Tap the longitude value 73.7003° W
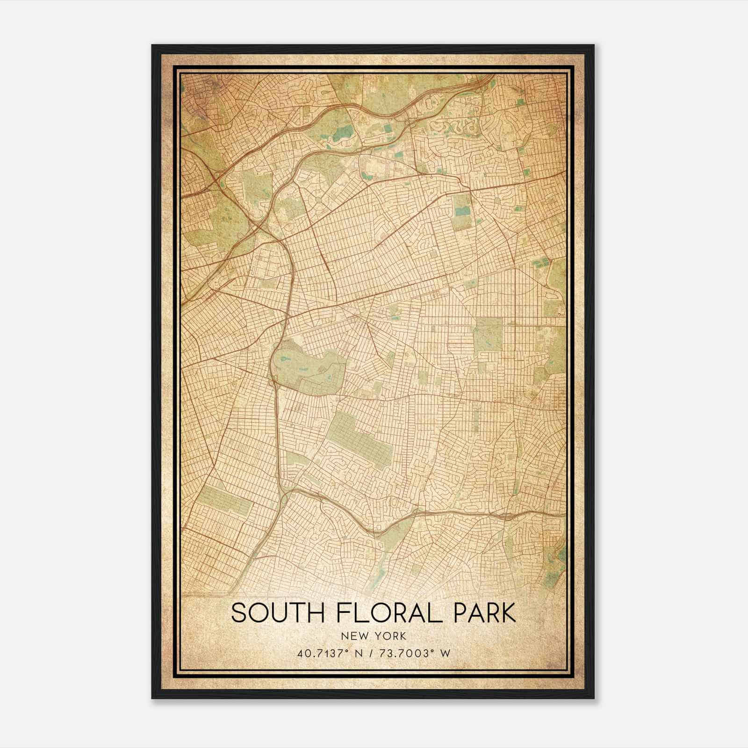click(418, 653)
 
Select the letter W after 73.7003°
click(446, 653)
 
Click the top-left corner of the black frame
click(152, 45)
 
